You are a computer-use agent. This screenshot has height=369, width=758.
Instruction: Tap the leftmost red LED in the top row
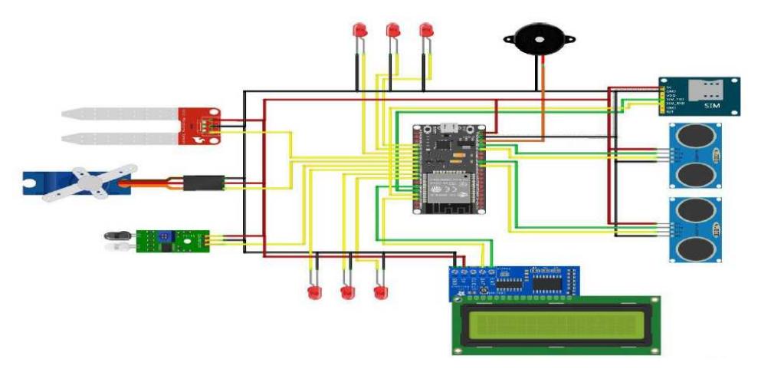click(359, 31)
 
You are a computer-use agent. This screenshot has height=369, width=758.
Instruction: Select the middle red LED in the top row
click(393, 31)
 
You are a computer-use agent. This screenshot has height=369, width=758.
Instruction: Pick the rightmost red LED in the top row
click(426, 31)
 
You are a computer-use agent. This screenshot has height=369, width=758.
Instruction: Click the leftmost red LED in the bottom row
click(312, 293)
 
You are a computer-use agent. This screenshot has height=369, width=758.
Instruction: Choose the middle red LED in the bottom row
click(347, 293)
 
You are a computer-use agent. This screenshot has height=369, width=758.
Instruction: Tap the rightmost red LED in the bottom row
click(379, 292)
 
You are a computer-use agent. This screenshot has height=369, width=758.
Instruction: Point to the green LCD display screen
click(556, 325)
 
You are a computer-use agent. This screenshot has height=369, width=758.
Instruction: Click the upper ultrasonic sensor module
click(694, 156)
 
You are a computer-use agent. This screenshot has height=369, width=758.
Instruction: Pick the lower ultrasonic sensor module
click(694, 229)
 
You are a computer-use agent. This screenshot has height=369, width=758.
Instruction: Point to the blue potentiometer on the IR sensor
click(164, 239)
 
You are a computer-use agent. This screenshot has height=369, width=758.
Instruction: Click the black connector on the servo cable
click(202, 183)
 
